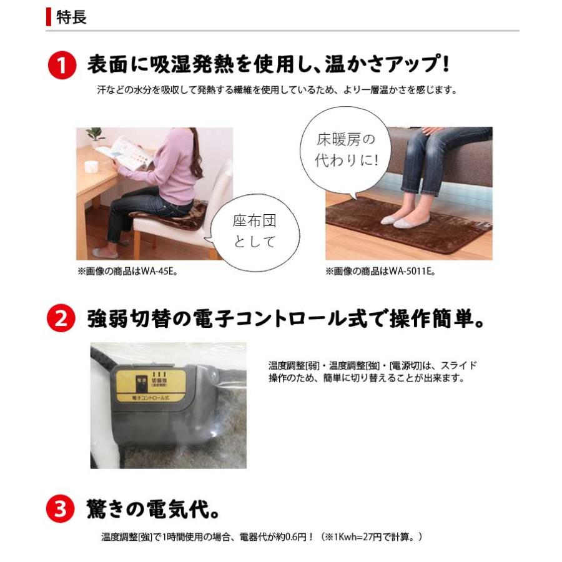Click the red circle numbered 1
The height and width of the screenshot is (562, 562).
tap(62, 65)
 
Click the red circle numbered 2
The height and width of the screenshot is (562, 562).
tap(62, 319)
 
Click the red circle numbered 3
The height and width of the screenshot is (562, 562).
tap(62, 511)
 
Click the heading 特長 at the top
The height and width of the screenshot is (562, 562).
tap(71, 17)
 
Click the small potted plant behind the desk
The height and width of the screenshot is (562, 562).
tap(96, 135)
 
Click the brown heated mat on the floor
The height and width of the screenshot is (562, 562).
tap(406, 231)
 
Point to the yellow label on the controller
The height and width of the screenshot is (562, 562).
tap(150, 384)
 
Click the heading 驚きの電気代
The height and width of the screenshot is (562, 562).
tap(152, 511)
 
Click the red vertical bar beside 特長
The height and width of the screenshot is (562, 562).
tap(49, 17)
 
